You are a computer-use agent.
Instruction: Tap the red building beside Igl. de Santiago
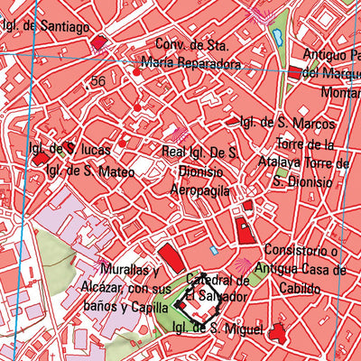[98, 42]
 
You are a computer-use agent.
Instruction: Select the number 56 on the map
[97, 81]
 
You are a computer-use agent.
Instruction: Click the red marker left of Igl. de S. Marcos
[232, 121]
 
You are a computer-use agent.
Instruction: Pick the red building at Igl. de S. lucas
[41, 158]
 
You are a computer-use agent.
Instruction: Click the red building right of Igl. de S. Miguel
[278, 333]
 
